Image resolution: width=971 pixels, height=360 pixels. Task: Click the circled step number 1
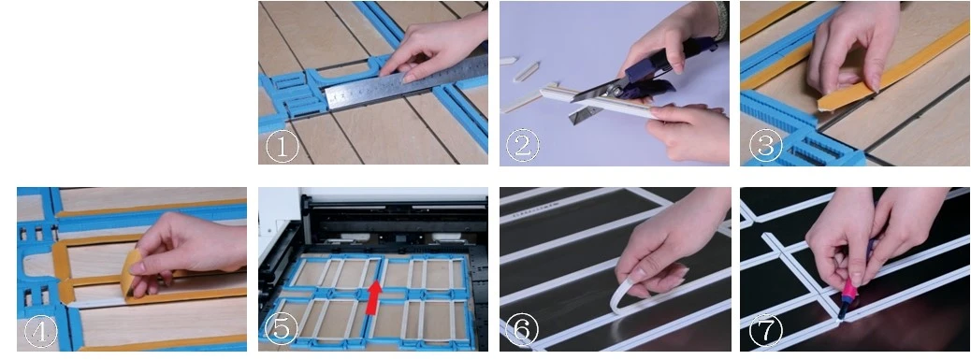point(282,147)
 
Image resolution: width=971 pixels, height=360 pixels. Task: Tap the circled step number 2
point(523,147)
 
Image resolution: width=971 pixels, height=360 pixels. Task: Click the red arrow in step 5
point(373,297)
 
